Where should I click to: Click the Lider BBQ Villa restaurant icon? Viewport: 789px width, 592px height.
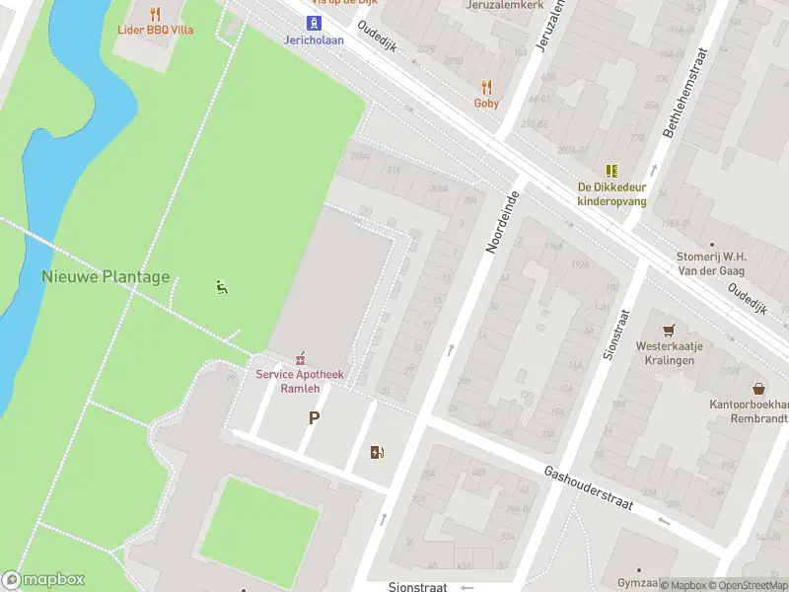point(155,14)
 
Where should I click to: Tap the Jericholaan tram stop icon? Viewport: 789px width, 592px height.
point(314,24)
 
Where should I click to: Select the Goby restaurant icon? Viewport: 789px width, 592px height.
point(486,87)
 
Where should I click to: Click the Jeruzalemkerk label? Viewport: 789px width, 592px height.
point(503,5)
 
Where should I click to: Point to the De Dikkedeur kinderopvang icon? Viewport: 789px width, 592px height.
point(611,171)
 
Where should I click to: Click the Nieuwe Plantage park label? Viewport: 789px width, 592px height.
point(106,277)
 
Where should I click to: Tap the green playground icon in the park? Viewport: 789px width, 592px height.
point(221,287)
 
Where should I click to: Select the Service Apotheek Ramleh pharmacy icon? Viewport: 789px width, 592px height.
point(301,357)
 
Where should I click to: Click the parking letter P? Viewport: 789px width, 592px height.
point(314,418)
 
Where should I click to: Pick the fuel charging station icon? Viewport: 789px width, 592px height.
point(376,453)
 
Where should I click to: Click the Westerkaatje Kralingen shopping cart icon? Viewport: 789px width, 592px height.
point(671,330)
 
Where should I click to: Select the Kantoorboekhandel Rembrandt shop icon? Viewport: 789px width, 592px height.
point(758,389)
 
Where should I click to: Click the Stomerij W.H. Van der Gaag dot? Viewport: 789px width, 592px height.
point(711,244)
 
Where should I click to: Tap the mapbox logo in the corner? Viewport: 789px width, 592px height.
point(43,580)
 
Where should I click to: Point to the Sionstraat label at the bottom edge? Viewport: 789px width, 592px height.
point(417,586)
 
